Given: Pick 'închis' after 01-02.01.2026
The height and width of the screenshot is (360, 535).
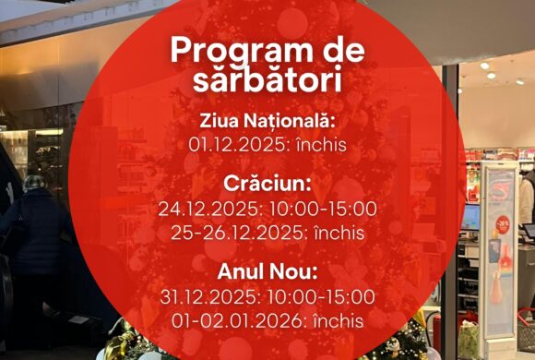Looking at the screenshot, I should click(339, 321).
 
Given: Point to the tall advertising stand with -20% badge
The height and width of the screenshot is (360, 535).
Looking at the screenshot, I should click(498, 249).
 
